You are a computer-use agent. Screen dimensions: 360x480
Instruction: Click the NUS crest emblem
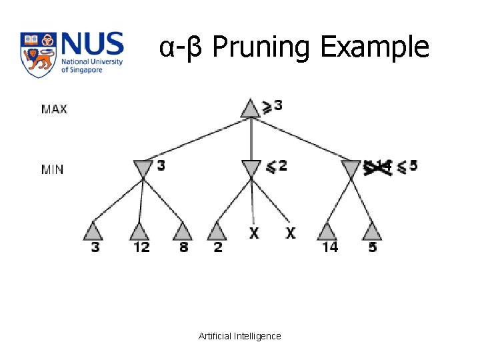[x=38, y=54]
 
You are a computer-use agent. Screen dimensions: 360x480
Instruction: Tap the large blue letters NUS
[x=91, y=45]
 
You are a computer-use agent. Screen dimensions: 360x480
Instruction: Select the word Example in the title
[x=374, y=47]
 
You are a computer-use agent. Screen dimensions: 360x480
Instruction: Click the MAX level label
[x=54, y=109]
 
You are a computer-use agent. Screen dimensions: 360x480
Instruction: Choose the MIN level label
[x=53, y=169]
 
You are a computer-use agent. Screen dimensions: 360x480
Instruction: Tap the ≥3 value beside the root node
[x=271, y=106]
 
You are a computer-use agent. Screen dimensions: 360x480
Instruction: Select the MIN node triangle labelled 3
[x=143, y=169]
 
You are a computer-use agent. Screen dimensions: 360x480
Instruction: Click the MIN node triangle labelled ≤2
[x=251, y=169]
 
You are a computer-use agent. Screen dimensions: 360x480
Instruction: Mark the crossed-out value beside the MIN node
[x=378, y=167]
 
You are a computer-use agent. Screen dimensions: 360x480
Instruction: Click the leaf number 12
[x=141, y=247]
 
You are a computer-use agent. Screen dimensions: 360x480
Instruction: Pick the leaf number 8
[x=183, y=247]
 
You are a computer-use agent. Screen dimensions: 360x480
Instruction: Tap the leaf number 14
[x=329, y=247]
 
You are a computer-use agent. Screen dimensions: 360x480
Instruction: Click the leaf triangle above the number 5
[x=372, y=231]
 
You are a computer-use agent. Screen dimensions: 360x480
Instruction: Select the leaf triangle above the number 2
[x=217, y=231]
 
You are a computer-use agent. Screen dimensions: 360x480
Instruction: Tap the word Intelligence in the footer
[x=258, y=336]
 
